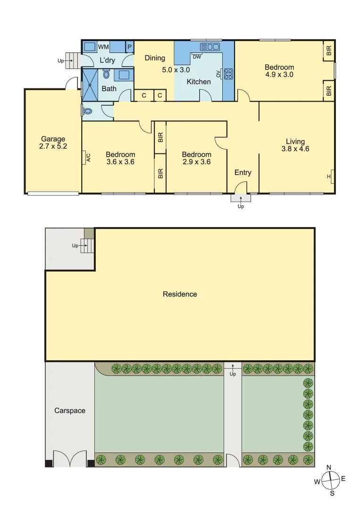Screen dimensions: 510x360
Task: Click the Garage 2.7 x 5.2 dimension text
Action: click(x=53, y=146)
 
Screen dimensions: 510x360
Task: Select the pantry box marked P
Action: click(x=129, y=47)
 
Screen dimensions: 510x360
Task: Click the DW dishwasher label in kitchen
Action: click(x=197, y=57)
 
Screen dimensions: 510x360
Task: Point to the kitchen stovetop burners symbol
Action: click(x=228, y=73)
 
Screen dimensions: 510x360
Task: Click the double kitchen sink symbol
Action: click(x=210, y=46)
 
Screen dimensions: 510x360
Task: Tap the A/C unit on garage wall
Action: click(x=88, y=157)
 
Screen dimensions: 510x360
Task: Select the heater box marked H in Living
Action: click(x=332, y=176)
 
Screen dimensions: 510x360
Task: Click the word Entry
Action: click(x=243, y=172)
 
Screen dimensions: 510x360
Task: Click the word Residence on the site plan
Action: click(x=180, y=294)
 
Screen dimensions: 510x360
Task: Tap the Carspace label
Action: click(x=69, y=410)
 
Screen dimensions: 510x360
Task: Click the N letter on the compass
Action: click(x=329, y=467)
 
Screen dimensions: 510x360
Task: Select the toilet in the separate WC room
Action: click(x=88, y=111)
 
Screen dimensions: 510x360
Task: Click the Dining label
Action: click(x=155, y=58)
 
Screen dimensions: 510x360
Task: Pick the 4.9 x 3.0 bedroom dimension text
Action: click(x=279, y=75)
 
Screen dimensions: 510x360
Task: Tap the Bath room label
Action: click(x=109, y=88)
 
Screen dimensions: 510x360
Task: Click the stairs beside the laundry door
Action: click(x=71, y=59)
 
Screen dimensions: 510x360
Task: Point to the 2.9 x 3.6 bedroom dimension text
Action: click(x=196, y=162)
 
